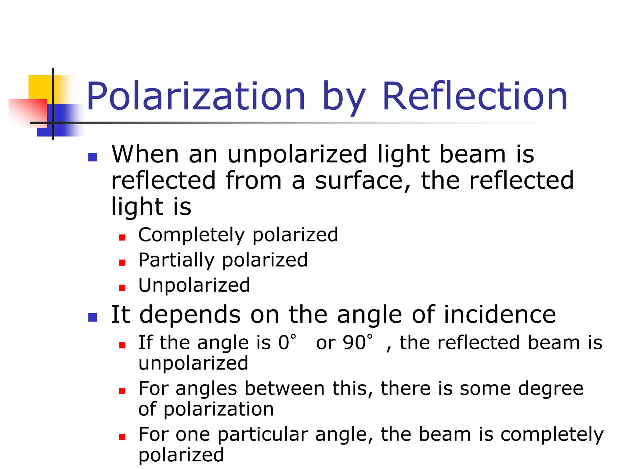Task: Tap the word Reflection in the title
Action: tap(475, 96)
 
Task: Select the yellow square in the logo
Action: tap(40, 87)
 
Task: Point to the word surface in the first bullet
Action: tap(363, 181)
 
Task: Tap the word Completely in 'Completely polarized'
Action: tap(191, 235)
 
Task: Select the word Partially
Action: tap(176, 260)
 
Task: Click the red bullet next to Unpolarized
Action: tap(122, 288)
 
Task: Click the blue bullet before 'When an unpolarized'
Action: tap(92, 157)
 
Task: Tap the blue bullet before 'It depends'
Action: tap(92, 317)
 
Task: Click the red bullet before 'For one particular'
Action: tap(122, 437)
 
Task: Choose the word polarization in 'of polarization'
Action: tap(219, 409)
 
